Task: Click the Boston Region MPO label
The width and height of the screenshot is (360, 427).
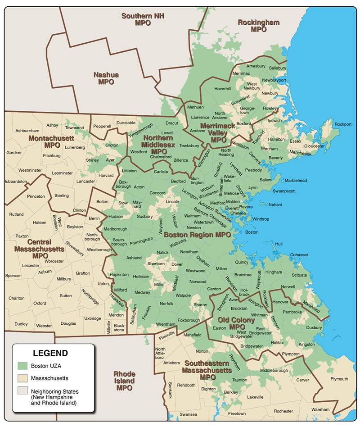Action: tap(197, 235)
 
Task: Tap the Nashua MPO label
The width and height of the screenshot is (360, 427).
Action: tap(106, 78)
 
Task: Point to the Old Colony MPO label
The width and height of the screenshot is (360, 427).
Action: tap(236, 323)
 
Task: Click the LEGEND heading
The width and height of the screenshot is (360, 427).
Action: tap(50, 353)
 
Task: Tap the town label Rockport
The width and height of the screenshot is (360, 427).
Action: tap(343, 124)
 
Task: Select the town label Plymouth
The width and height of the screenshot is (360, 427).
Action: tap(339, 379)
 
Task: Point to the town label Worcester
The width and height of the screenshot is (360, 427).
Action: tap(54, 261)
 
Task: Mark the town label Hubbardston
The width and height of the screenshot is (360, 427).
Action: tap(15, 182)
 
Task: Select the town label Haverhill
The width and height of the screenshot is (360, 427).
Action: tap(222, 88)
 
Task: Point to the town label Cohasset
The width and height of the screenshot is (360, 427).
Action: tap(299, 254)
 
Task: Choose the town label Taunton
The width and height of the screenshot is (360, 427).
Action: tap(238, 380)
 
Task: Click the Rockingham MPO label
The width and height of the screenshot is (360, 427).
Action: tap(258, 26)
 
